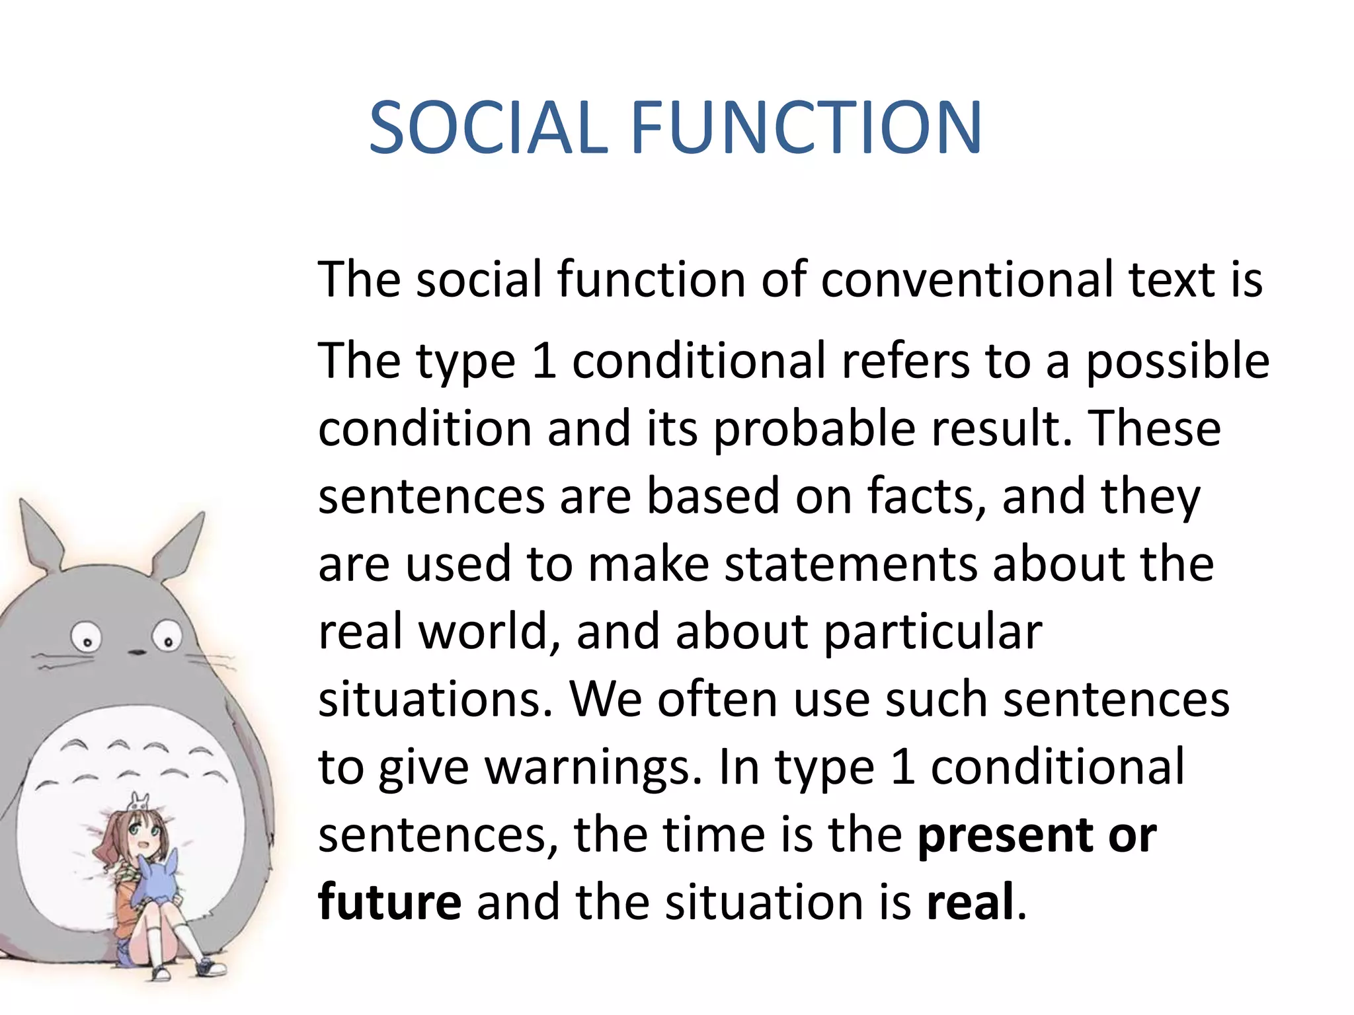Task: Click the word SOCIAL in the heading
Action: [488, 128]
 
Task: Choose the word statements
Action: [850, 564]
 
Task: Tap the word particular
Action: [933, 632]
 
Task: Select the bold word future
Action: [390, 903]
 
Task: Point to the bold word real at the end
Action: [971, 903]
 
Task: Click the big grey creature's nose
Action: [137, 652]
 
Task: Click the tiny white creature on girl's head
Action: [139, 802]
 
